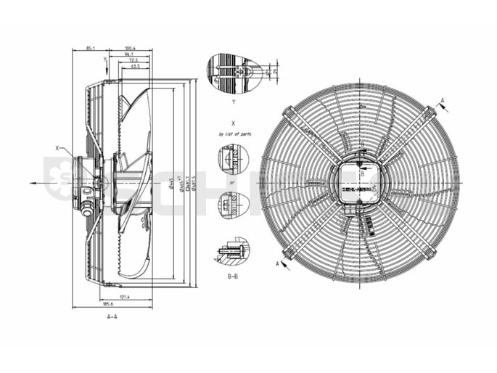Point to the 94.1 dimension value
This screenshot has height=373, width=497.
[x=130, y=54]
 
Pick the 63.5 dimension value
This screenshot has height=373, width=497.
[x=136, y=66]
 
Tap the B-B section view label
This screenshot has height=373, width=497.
[x=234, y=276]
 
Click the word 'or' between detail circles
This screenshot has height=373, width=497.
[x=232, y=182]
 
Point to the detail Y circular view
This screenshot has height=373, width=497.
[x=234, y=73]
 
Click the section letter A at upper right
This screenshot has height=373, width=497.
[x=443, y=101]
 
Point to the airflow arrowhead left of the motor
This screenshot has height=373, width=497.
[x=33, y=183]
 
